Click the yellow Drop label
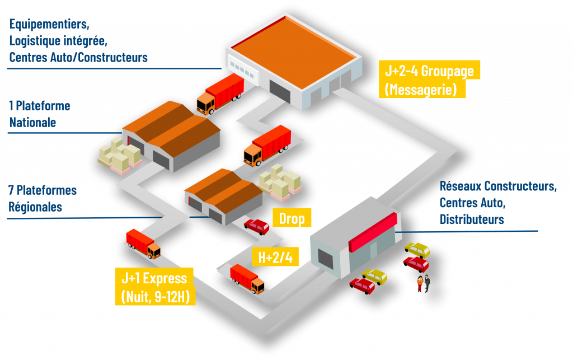(x=292, y=218)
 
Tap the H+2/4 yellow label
(x=275, y=258)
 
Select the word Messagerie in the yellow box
(x=421, y=89)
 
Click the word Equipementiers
(x=49, y=25)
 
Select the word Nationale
(x=32, y=122)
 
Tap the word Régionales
(x=35, y=207)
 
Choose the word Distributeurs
(x=472, y=219)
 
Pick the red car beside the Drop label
(x=257, y=226)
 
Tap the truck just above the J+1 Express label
(x=143, y=243)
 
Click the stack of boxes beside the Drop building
(x=280, y=181)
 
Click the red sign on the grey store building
(x=373, y=232)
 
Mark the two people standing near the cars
(x=423, y=283)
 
